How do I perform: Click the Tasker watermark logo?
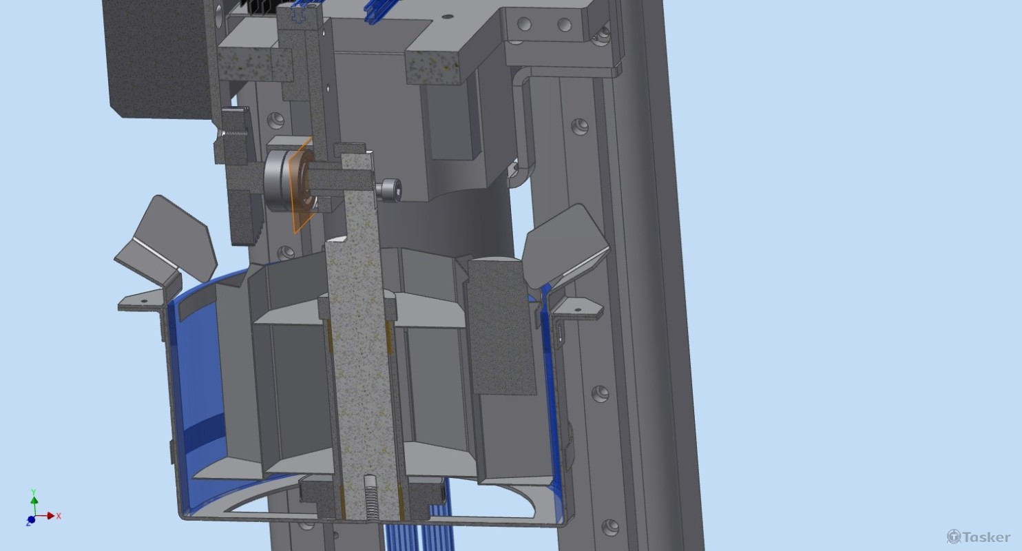point(979,537)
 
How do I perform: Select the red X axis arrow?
point(45,516)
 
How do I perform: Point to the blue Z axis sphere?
point(31,519)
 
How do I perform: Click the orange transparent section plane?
point(301,185)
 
